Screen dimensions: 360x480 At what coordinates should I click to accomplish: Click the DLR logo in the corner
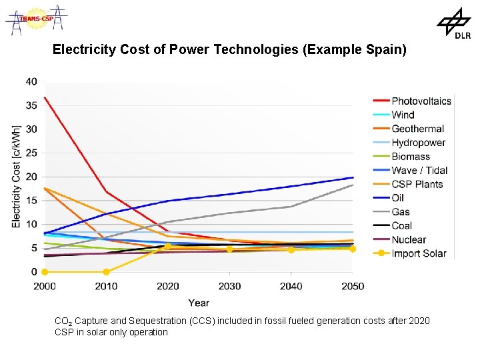(x=454, y=24)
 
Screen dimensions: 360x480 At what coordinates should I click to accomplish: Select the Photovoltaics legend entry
(x=421, y=101)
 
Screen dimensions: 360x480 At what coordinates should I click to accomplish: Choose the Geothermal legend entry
(x=417, y=129)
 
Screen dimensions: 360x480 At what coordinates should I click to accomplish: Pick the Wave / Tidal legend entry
(x=419, y=171)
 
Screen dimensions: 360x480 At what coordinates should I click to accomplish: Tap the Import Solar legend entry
(x=419, y=253)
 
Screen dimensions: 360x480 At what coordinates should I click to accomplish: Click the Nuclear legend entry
(x=409, y=239)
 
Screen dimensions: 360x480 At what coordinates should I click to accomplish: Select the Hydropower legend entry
(x=418, y=143)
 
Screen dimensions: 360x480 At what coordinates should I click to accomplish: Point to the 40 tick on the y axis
(x=31, y=81)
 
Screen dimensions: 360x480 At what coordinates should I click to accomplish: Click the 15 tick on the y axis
(x=31, y=201)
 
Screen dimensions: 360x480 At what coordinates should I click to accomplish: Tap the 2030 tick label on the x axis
(x=229, y=287)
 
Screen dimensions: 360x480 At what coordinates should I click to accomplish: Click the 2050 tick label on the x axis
(x=353, y=287)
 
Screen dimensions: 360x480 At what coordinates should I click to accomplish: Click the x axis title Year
(x=198, y=303)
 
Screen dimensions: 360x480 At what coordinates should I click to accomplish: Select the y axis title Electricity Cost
(x=16, y=176)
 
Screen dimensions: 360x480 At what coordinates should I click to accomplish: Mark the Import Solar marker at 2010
(x=106, y=272)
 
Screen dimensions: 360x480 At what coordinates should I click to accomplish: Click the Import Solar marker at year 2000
(x=45, y=272)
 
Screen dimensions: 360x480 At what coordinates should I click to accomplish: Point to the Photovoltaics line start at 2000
(x=45, y=98)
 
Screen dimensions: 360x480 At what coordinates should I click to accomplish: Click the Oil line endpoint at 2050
(x=353, y=177)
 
